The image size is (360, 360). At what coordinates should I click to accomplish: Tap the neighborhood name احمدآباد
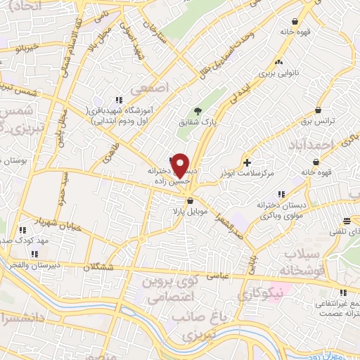309,145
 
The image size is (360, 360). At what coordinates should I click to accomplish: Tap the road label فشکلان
99,267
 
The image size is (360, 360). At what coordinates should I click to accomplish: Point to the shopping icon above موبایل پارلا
190,200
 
